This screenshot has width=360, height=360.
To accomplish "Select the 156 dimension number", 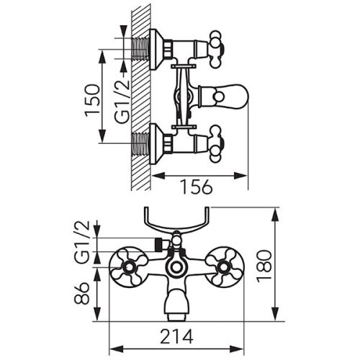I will click(x=194, y=187).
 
